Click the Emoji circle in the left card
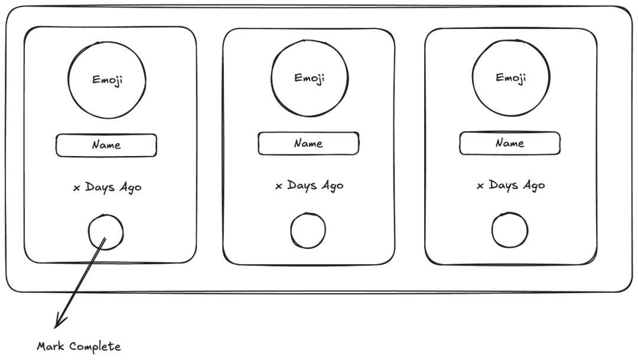tap(107, 80)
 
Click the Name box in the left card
tap(106, 145)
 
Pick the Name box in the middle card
tap(308, 144)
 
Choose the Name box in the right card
tap(510, 144)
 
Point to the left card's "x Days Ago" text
tap(107, 187)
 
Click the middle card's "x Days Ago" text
tap(309, 186)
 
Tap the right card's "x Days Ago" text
tap(511, 185)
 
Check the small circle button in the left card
tap(106, 232)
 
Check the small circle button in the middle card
tap(308, 231)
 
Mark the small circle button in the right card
tap(510, 230)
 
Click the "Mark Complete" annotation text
tap(79, 346)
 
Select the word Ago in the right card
tap(533, 185)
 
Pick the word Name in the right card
tap(510, 144)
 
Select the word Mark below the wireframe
tap(50, 346)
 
